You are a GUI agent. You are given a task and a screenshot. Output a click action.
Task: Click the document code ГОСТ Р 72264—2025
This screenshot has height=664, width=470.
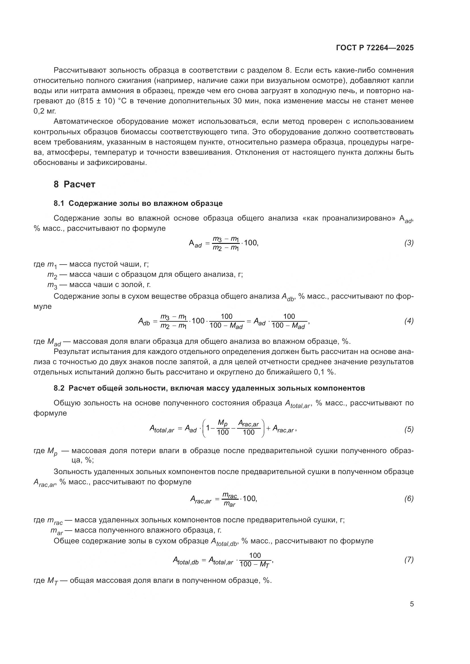tap(375, 48)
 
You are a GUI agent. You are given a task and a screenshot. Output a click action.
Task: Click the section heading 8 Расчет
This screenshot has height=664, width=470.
tap(74, 184)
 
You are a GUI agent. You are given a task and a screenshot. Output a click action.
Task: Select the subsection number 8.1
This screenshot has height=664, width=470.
tap(59, 203)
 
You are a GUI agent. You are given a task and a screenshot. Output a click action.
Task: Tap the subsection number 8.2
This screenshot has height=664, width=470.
tap(59, 388)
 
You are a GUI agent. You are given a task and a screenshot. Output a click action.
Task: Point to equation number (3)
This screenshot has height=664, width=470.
tap(409, 243)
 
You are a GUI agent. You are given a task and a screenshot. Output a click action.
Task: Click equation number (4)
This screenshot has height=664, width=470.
tap(409, 321)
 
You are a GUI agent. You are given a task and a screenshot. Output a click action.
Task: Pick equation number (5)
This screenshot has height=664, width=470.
tap(409, 430)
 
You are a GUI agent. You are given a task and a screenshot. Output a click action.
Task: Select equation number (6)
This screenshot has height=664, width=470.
tap(409, 498)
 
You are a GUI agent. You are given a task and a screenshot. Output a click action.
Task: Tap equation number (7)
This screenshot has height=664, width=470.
tap(409, 560)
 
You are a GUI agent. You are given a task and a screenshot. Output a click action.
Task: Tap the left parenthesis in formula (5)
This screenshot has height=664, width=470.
tap(205, 428)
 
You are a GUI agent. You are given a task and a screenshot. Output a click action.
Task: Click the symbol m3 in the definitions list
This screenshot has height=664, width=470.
tap(52, 285)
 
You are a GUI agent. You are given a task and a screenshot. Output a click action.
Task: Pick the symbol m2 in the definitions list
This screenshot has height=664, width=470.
tap(52, 275)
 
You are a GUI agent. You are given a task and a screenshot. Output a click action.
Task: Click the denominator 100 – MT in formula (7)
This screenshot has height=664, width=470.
tap(255, 564)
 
